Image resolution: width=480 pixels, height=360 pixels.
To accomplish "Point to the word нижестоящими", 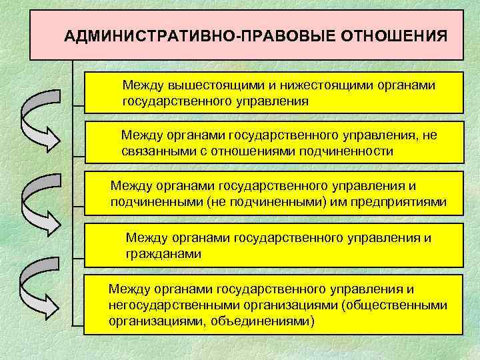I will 310,86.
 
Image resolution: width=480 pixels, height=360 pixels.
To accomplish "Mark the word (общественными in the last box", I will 404,306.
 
